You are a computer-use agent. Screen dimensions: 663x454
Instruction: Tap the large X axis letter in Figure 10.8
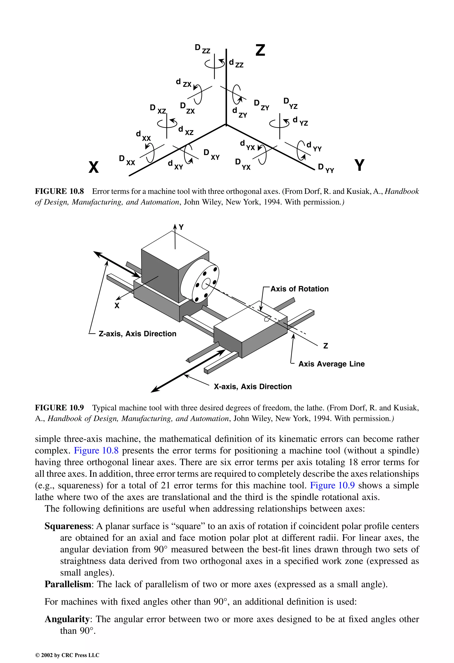click(x=94, y=167)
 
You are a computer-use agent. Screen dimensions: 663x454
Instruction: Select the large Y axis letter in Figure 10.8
click(x=360, y=165)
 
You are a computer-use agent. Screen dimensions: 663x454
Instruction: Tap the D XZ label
click(x=158, y=109)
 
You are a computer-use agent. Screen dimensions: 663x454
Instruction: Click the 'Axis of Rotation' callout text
click(x=299, y=289)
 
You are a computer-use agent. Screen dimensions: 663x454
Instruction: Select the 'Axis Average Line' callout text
click(x=331, y=364)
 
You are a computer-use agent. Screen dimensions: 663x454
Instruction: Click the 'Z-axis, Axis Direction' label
click(x=137, y=334)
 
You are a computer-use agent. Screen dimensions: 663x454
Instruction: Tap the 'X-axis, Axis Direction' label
click(x=253, y=387)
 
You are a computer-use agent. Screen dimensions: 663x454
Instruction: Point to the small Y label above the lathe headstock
click(x=181, y=227)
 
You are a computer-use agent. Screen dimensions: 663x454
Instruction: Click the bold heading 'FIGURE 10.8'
click(x=59, y=191)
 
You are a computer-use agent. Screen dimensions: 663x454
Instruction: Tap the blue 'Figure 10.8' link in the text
click(x=96, y=451)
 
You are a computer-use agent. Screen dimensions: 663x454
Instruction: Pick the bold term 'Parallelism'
click(x=68, y=584)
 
